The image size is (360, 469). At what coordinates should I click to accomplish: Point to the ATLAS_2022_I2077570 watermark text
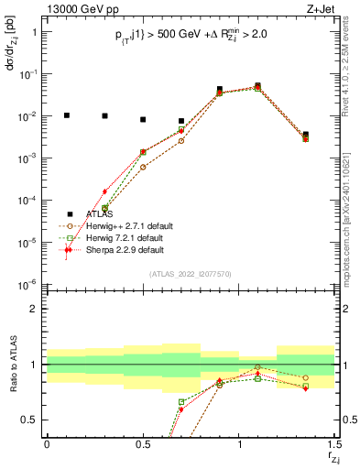pyautogui.click(x=191, y=274)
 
